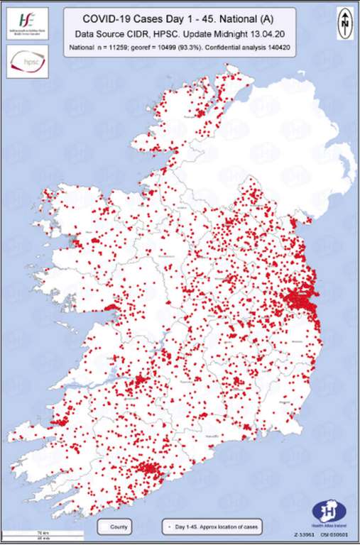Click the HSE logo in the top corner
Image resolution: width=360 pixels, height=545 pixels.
pyautogui.click(x=26, y=22)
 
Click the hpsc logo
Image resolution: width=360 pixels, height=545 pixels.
pyautogui.click(x=26, y=62)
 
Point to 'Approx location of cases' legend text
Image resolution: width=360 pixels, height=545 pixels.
pyautogui.click(x=230, y=527)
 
